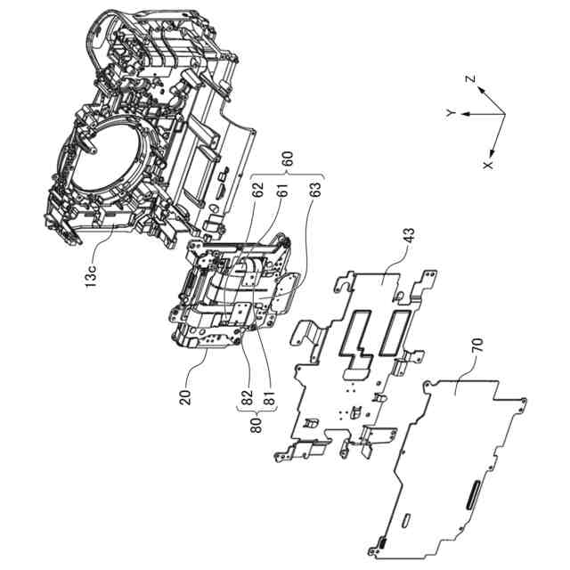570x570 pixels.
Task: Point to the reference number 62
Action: coord(257,189)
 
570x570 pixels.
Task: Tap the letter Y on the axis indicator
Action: coord(452,113)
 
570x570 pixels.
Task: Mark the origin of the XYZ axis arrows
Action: coord(503,113)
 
